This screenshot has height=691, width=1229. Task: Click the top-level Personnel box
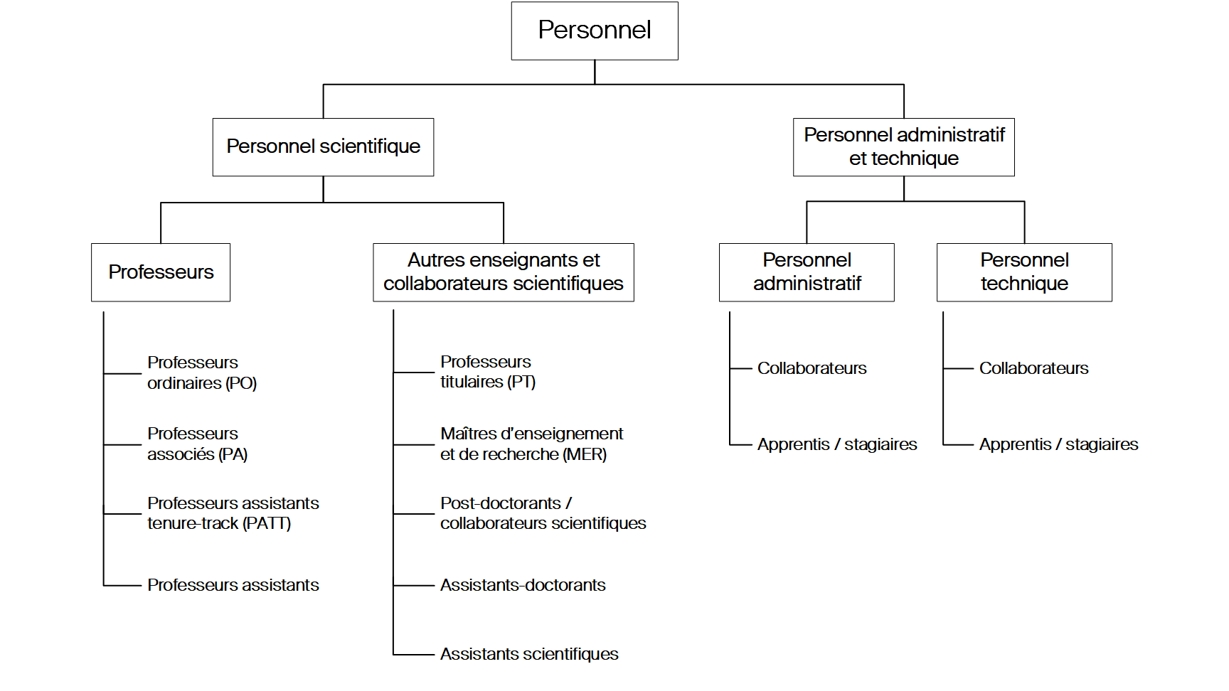(x=594, y=31)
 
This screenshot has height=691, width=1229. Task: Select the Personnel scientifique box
(x=323, y=147)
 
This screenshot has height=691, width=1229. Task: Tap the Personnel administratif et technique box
(x=903, y=147)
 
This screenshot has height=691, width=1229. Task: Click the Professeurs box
(x=161, y=272)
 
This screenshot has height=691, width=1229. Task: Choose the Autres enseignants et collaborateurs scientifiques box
(x=503, y=272)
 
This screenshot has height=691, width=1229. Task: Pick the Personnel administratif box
(x=807, y=272)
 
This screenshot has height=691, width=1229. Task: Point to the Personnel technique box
(x=1024, y=272)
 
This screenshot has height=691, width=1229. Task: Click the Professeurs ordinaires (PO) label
(x=201, y=373)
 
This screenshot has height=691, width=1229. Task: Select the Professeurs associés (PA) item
(x=197, y=444)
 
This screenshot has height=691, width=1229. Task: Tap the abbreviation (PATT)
(x=267, y=524)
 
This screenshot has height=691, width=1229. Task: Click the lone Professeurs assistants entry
(x=233, y=585)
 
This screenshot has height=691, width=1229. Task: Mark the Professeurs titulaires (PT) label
(x=487, y=372)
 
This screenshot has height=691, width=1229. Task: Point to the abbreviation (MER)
(x=585, y=455)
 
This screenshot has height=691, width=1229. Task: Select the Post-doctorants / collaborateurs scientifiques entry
(x=542, y=513)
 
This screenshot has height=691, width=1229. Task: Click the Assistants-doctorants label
(x=522, y=585)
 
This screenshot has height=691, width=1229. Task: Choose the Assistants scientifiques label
(x=528, y=654)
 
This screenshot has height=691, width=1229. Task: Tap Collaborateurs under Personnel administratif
(x=812, y=368)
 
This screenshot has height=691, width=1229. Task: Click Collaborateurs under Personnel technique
(x=1033, y=368)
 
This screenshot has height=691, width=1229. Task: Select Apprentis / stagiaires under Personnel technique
(x=1058, y=444)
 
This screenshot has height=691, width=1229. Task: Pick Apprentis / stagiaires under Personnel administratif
(x=836, y=444)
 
